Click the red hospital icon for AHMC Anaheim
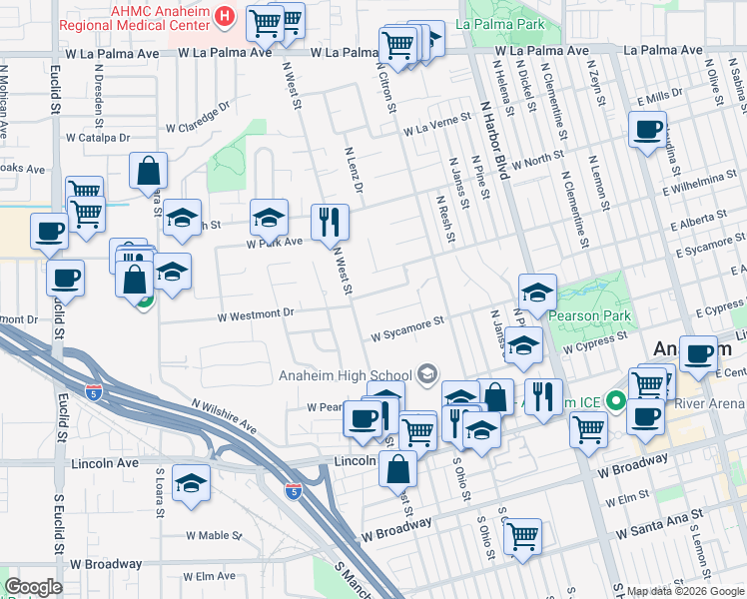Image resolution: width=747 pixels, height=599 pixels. [225, 17]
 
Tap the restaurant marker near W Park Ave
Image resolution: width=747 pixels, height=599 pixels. [330, 222]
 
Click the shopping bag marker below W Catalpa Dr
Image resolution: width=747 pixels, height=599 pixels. [148, 172]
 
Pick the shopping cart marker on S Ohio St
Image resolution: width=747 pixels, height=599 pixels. [522, 536]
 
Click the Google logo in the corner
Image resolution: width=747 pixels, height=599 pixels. [33, 587]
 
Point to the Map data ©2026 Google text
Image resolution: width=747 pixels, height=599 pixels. [685, 591]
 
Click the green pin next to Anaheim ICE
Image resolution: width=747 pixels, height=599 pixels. [616, 403]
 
